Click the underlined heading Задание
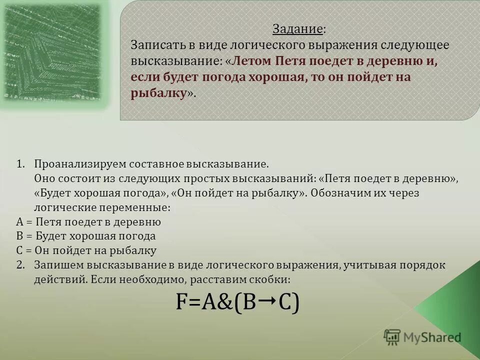click(297, 29)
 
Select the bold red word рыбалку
click(158, 94)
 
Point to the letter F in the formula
click(181, 302)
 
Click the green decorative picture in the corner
click(55, 52)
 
